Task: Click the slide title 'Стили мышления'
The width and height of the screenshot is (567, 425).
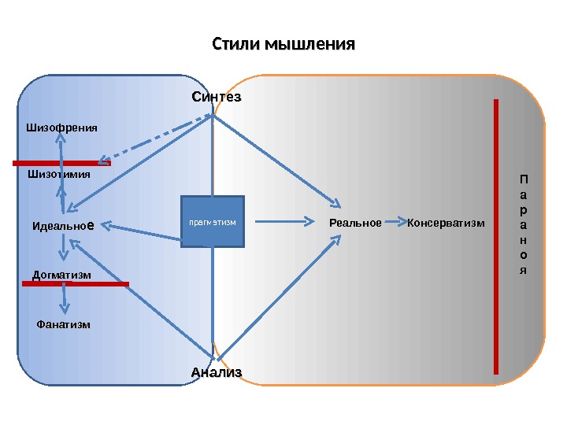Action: click(x=283, y=42)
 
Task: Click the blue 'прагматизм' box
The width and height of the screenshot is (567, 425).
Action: click(x=213, y=222)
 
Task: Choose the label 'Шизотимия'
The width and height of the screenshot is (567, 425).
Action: click(x=59, y=175)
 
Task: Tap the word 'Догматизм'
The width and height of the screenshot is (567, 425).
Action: click(x=62, y=275)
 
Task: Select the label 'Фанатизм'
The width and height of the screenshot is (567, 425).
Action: click(x=64, y=324)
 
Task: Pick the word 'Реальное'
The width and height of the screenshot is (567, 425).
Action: click(x=355, y=224)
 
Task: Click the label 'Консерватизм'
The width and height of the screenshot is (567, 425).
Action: click(x=447, y=224)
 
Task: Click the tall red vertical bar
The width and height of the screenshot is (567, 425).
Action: click(x=496, y=236)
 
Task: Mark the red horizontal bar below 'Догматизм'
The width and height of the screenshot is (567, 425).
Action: click(x=75, y=283)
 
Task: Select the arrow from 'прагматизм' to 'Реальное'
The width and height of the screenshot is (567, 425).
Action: click(x=283, y=224)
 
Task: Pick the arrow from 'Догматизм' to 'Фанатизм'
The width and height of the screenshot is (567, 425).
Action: click(x=64, y=298)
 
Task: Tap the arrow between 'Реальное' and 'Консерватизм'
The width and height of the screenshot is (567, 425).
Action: click(x=395, y=224)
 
